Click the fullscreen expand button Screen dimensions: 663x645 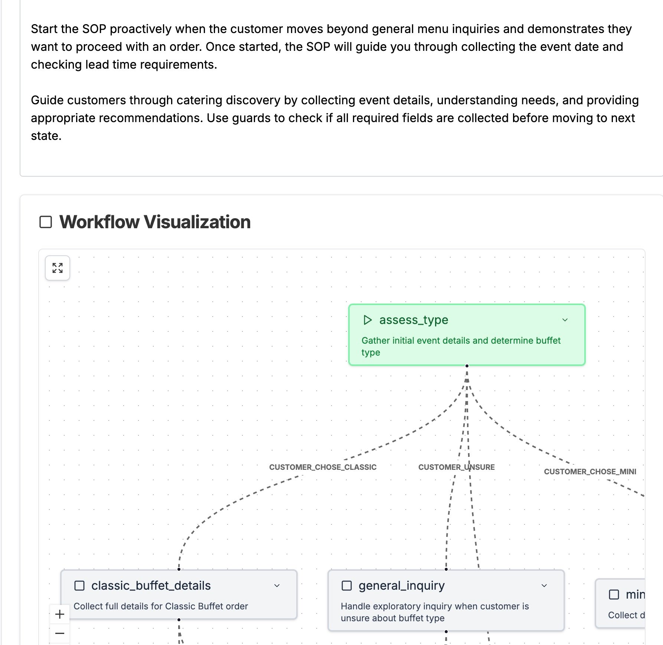[58, 268]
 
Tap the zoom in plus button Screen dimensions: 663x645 [60, 614]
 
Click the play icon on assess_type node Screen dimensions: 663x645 [367, 320]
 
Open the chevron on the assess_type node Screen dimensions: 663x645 [565, 320]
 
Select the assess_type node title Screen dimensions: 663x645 [414, 320]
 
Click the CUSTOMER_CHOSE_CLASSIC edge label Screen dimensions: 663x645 [323, 467]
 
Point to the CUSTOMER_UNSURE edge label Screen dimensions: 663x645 [456, 467]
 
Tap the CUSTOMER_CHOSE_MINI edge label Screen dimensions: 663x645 [590, 472]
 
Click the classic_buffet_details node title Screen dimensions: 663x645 [151, 586]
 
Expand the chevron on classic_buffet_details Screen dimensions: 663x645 [277, 586]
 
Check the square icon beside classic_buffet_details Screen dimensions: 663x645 [79, 586]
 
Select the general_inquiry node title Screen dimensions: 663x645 [401, 586]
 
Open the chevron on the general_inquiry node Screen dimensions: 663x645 [544, 586]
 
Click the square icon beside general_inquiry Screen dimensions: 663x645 [346, 586]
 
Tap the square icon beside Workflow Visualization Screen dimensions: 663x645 [46, 222]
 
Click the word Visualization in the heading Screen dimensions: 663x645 [197, 222]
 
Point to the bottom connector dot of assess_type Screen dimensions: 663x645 [467, 366]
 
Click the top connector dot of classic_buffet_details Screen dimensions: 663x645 [179, 569]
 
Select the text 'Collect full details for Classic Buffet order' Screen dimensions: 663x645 [160, 606]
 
